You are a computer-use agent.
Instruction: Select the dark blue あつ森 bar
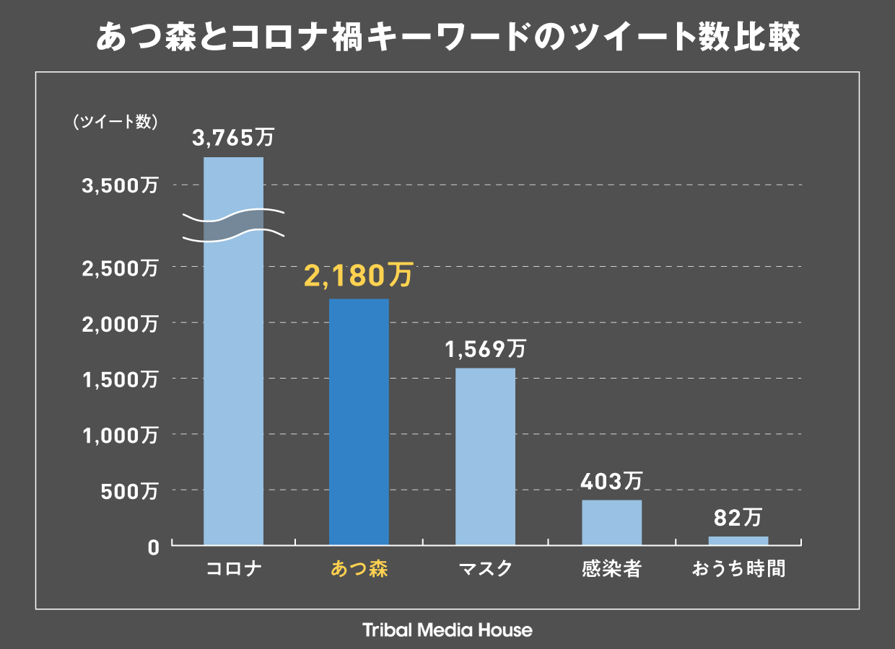click(359, 422)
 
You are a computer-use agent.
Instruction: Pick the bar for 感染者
click(611, 522)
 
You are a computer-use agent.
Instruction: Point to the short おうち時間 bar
click(738, 540)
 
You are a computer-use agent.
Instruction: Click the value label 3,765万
click(233, 138)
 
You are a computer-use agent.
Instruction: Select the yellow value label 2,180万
click(359, 275)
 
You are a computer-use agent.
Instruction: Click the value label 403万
click(612, 481)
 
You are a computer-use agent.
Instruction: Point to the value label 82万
click(738, 517)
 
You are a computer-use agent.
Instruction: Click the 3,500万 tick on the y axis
click(120, 186)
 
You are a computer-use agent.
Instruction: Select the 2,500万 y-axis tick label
click(120, 268)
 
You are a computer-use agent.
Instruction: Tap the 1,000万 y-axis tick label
click(120, 435)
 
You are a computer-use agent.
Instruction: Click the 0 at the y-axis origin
click(152, 547)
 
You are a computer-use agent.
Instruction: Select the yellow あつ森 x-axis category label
click(359, 569)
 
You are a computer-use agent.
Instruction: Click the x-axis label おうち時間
click(738, 569)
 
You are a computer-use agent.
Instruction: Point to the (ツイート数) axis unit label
click(115, 122)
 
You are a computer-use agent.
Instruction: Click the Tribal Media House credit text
click(447, 630)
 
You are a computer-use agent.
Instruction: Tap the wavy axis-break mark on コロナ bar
click(233, 224)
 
